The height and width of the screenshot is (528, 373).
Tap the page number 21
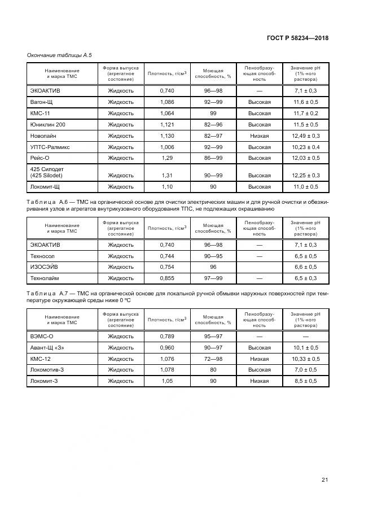324,480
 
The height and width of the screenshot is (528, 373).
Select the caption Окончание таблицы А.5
59,55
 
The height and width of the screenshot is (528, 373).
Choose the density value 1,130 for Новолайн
166,136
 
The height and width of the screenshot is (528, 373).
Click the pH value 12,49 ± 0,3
306,136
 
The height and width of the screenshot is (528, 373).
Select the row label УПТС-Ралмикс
50,147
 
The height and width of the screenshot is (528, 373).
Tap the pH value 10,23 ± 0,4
306,147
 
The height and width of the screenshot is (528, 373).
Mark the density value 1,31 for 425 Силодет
166,175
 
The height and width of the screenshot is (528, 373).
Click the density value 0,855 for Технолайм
166,278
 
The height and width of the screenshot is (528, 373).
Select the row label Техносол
43,256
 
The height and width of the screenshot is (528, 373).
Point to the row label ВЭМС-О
42,337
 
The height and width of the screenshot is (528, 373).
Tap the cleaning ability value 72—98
213,359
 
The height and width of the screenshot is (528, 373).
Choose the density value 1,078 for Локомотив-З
166,370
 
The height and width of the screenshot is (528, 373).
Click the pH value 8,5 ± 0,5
306,382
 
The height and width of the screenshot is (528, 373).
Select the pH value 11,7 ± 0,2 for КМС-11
306,114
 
